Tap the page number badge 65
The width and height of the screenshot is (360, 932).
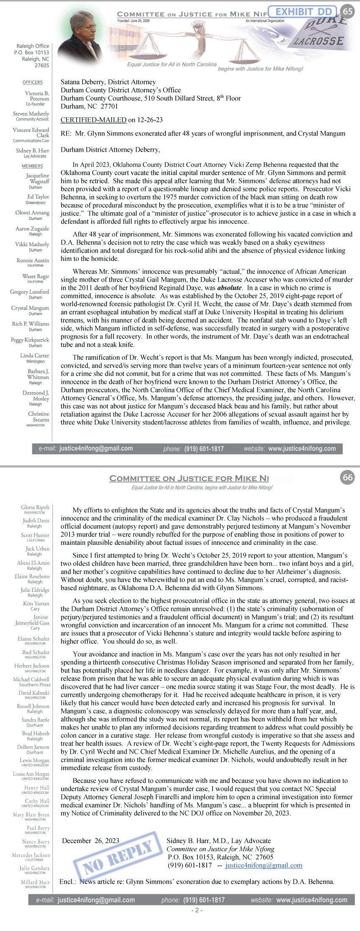pyautogui.click(x=347, y=11)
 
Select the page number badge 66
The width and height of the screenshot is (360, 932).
pyautogui.click(x=348, y=477)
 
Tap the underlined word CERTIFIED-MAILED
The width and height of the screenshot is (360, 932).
pyautogui.click(x=93, y=120)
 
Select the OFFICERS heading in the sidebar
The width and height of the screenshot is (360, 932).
pyautogui.click(x=33, y=83)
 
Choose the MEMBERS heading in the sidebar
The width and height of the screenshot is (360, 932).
pyautogui.click(x=32, y=166)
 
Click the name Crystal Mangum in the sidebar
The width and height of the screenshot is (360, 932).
pyautogui.click(x=30, y=308)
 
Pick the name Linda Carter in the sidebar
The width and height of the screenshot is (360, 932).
pyautogui.click(x=34, y=355)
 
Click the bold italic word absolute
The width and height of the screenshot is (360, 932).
pyautogui.click(x=229, y=288)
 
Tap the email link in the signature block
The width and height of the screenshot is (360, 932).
pyautogui.click(x=263, y=865)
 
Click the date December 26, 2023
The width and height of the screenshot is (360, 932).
pyautogui.click(x=91, y=841)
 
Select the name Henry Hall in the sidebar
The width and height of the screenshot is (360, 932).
pyautogui.click(x=37, y=788)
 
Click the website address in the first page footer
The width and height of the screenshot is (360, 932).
pyautogui.click(x=302, y=448)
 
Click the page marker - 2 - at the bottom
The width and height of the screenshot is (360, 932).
pyautogui.click(x=197, y=910)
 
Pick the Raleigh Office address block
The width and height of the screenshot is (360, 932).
pyautogui.click(x=32, y=55)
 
